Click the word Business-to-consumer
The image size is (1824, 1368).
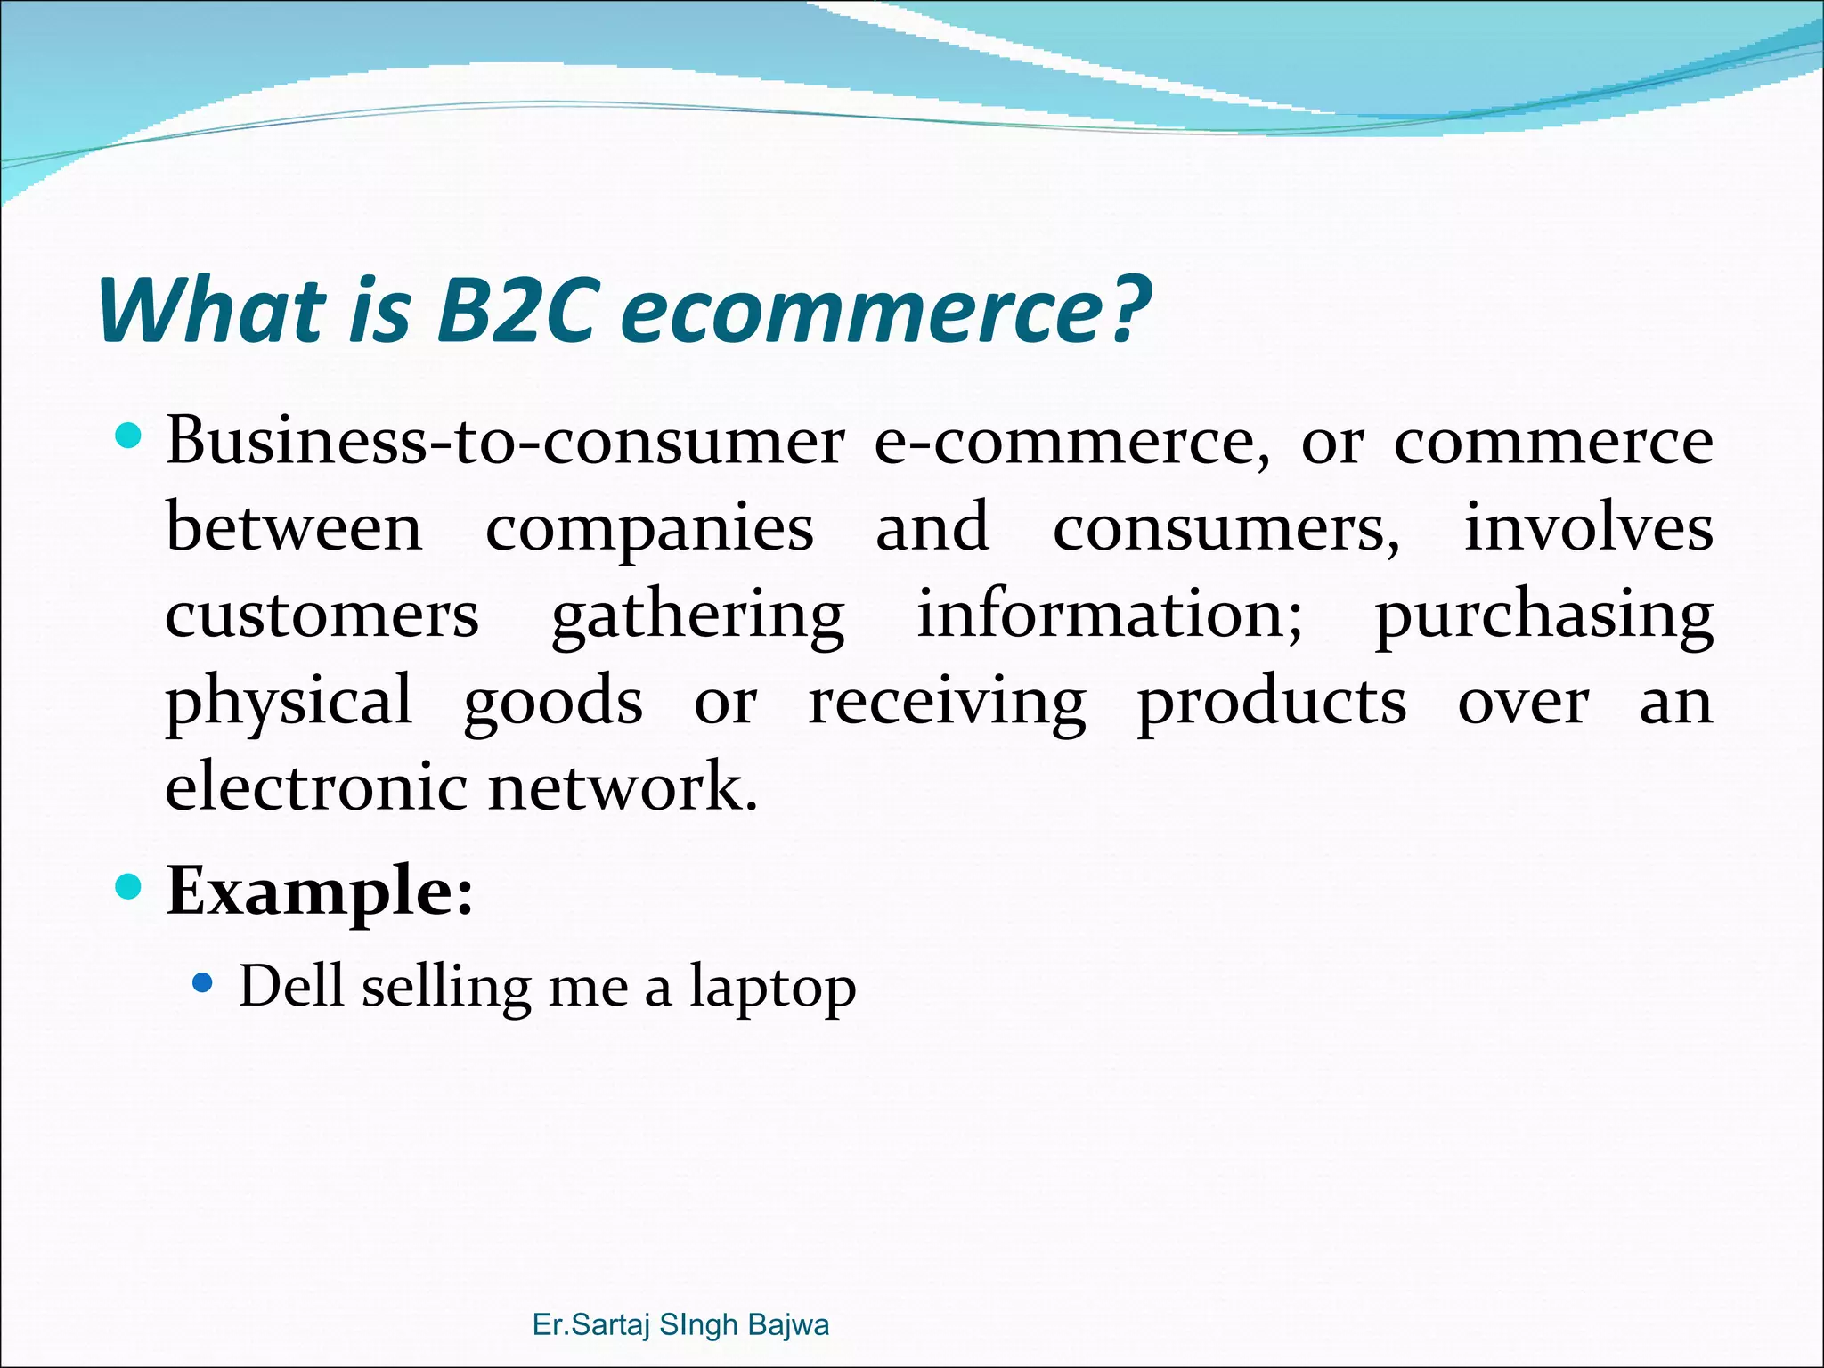[504, 443]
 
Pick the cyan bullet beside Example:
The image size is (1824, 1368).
[129, 887]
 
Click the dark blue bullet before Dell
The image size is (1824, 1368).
[203, 984]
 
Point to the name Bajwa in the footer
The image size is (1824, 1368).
[788, 1325]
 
